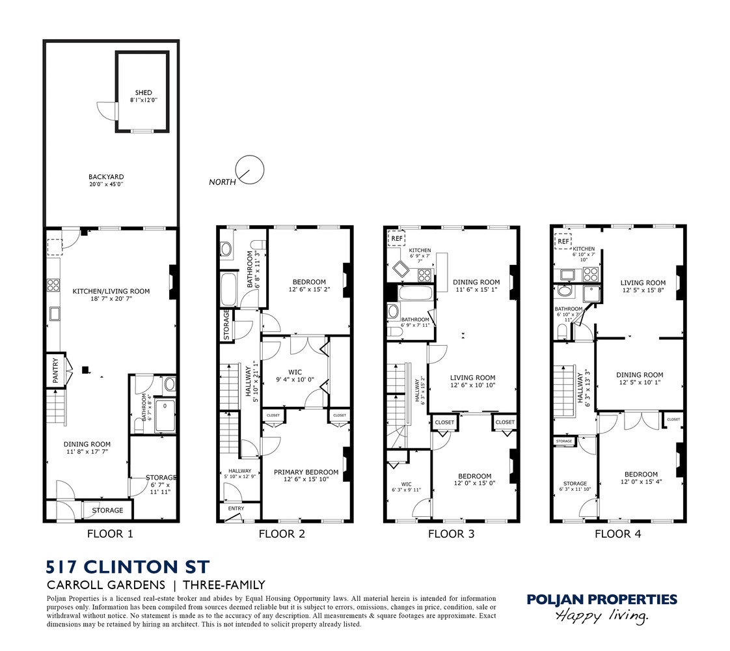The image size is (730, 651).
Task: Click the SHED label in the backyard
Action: [143, 92]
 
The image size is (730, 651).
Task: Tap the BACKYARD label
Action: [106, 177]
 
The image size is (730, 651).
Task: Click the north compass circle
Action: [250, 169]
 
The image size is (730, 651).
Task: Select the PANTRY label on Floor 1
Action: [55, 370]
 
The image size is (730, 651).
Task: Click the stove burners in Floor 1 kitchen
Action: [53, 284]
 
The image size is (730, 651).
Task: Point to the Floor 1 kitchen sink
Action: [55, 314]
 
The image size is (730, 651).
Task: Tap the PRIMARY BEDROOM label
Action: [306, 472]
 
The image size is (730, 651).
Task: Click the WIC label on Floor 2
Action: [295, 372]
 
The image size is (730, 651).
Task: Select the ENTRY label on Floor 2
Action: [236, 508]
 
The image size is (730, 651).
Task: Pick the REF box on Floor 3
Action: [397, 238]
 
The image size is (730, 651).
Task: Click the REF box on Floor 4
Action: [563, 242]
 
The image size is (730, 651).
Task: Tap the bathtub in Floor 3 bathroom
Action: [416, 294]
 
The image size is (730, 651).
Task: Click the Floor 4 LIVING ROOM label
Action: [643, 283]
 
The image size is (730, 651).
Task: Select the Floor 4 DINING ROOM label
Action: [640, 375]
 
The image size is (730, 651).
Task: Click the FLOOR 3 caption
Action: [451, 534]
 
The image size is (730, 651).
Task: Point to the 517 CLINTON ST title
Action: [128, 567]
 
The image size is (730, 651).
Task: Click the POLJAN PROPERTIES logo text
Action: [602, 600]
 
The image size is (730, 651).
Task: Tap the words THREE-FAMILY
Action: [224, 585]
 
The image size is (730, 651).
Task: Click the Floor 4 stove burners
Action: [591, 273]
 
